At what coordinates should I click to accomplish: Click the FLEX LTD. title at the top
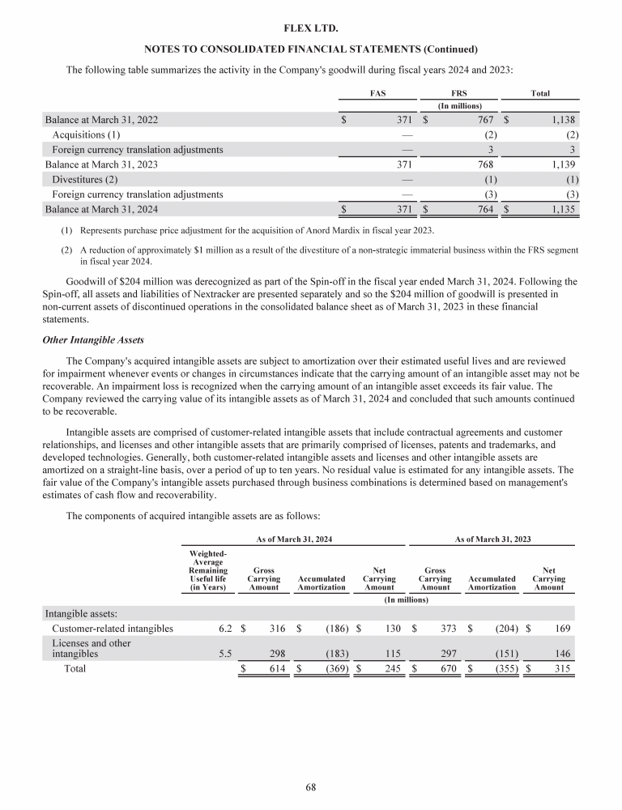pos(311,28)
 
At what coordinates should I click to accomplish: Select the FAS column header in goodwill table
pos(377,93)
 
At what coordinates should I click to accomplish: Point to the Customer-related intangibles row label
pos(112,628)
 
